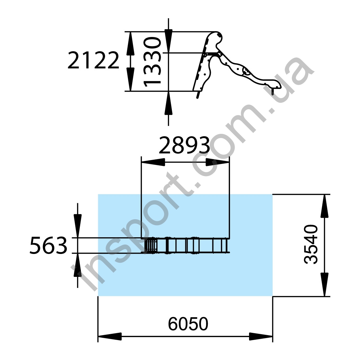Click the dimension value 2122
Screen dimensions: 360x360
(94, 61)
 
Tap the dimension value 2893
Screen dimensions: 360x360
(184, 145)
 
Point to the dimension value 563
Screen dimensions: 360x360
(48, 245)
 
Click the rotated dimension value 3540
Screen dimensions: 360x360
(311, 245)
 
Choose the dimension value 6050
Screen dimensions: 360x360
(188, 324)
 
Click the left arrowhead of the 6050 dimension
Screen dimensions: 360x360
(110, 336)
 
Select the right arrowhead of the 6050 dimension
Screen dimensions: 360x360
(261, 336)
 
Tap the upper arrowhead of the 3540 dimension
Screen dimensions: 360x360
(324, 206)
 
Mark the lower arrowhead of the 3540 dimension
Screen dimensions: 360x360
(324, 285)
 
